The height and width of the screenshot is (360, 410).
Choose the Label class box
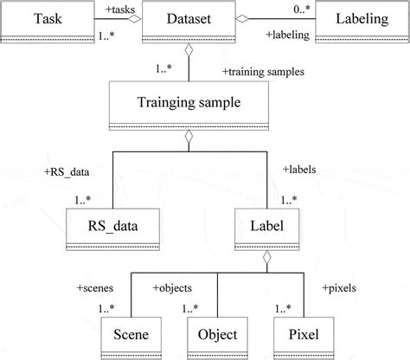coord(266,229)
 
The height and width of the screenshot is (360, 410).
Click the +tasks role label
coord(119,8)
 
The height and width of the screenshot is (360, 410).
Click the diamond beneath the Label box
coord(266,256)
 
